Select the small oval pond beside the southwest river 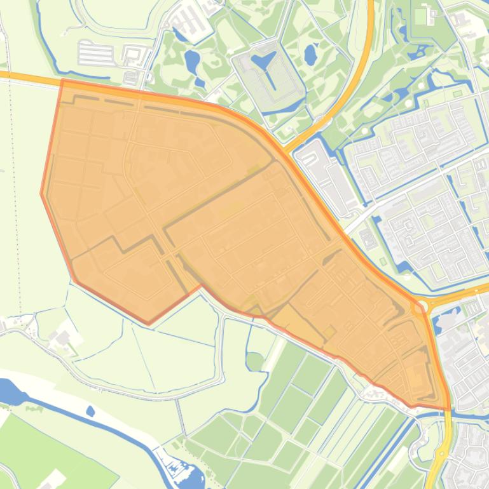pyautogui.click(x=90, y=412)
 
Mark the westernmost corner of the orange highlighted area pyautogui.click(x=42, y=193)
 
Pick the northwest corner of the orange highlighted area pyautogui.click(x=62, y=81)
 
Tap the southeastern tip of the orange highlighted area pyautogui.click(x=449, y=409)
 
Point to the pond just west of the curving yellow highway pyautogui.click(x=310, y=55)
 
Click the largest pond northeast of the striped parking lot pyautogui.click(x=191, y=61)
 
